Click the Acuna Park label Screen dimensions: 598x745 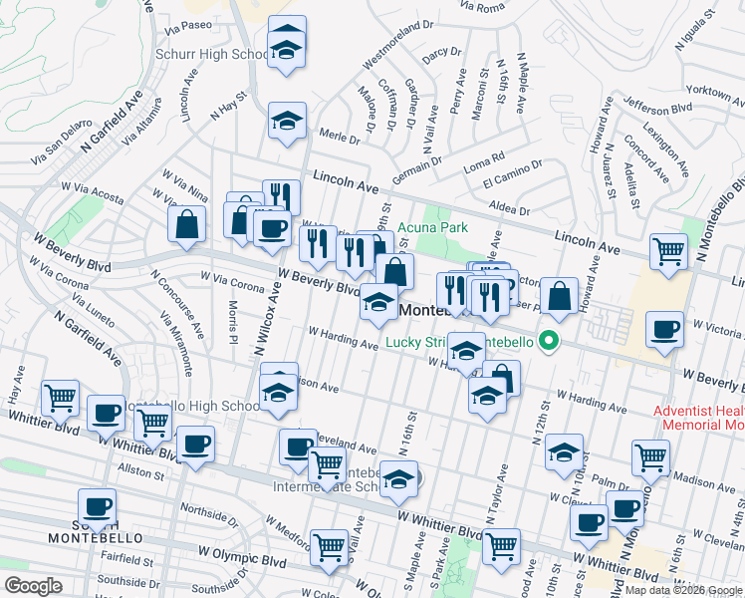coord(434,228)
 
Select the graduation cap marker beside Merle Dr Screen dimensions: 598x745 coord(287,123)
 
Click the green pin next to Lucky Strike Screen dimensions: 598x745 coord(547,344)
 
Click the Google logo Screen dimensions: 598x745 coord(32,586)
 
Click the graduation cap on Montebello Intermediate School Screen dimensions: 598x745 coord(398,482)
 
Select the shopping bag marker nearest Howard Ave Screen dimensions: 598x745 coord(562,295)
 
